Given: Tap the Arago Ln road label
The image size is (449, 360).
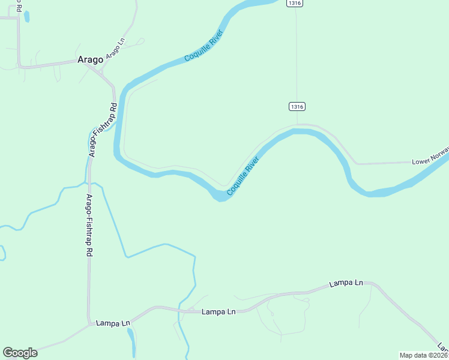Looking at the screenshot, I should click(115, 49).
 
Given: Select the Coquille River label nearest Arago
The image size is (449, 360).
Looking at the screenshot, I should click(204, 47).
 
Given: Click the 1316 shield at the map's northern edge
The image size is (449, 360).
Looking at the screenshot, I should click(294, 3).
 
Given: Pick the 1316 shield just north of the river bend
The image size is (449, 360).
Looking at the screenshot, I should click(297, 106).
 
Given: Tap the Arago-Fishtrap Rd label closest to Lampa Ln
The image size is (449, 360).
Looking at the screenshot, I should click(89, 226).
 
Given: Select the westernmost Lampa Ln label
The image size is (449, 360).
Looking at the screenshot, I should click(113, 323).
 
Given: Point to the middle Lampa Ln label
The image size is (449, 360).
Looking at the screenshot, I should click(218, 311).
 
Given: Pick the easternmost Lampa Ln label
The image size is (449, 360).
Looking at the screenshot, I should click(346, 283).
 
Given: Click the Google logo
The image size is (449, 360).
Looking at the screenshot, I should click(20, 353).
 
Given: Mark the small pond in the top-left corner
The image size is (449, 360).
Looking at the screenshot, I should click(26, 16).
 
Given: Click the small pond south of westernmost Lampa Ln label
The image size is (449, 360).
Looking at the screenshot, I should click(131, 340).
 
